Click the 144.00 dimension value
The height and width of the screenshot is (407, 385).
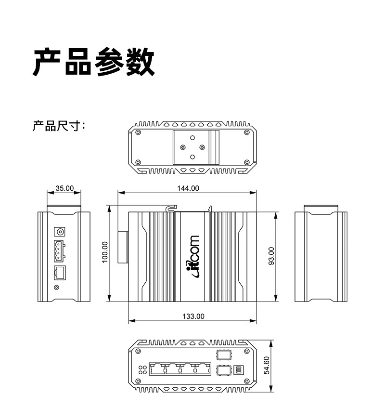click(188, 188)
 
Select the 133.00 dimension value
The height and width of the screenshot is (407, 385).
click(193, 316)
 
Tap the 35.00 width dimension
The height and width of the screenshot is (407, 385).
click(64, 188)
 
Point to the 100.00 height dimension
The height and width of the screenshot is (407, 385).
click(105, 252)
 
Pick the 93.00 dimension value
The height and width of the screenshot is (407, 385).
click(271, 256)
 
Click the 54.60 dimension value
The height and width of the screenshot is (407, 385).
click(267, 365)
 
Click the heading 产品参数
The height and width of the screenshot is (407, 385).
click(94, 62)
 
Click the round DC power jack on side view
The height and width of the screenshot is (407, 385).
click(60, 231)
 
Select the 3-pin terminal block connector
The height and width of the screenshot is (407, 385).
click(59, 251)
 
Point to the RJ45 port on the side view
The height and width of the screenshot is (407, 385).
click(60, 273)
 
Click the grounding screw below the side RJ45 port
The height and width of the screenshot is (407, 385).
click(57, 288)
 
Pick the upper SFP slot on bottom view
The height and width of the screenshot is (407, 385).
click(224, 354)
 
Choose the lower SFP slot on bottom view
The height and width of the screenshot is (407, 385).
click(224, 370)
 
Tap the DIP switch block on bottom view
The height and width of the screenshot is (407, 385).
click(239, 370)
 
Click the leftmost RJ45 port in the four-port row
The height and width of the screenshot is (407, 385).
click(157, 369)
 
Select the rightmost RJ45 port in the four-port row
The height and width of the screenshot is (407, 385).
click(203, 369)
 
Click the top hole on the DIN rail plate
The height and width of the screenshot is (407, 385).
click(192, 138)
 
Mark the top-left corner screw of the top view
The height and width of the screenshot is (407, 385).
click(138, 132)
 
